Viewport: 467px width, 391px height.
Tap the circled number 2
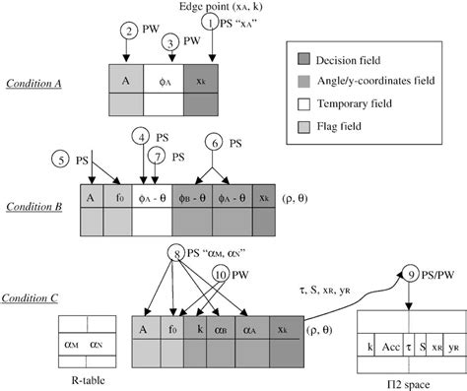click(130, 32)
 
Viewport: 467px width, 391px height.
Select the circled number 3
click(170, 43)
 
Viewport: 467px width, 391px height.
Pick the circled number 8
click(177, 252)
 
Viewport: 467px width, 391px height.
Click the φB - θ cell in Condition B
click(193, 196)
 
